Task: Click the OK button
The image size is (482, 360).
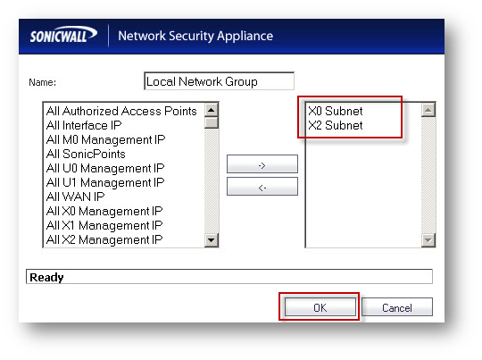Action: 320,307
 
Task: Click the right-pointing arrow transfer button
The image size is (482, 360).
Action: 262,164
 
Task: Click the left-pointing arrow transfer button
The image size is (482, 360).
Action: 262,187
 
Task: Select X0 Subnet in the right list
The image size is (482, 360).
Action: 336,111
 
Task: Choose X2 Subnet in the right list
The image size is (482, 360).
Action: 336,125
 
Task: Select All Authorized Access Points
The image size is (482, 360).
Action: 121,111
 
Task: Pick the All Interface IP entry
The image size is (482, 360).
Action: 84,125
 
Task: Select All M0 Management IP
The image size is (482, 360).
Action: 105,139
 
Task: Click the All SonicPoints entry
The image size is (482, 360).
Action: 86,154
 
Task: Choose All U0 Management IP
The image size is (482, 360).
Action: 105,168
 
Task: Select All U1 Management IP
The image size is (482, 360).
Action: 105,182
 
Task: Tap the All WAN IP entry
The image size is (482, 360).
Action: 75,197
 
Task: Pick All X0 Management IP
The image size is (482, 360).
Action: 104,211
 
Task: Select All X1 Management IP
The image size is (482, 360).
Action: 104,225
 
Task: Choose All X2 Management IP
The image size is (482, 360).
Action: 104,239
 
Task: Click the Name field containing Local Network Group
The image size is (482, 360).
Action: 219,81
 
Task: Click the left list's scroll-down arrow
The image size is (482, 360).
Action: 212,240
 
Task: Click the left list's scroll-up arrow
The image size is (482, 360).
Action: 212,110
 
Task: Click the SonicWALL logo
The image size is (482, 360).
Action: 63,35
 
